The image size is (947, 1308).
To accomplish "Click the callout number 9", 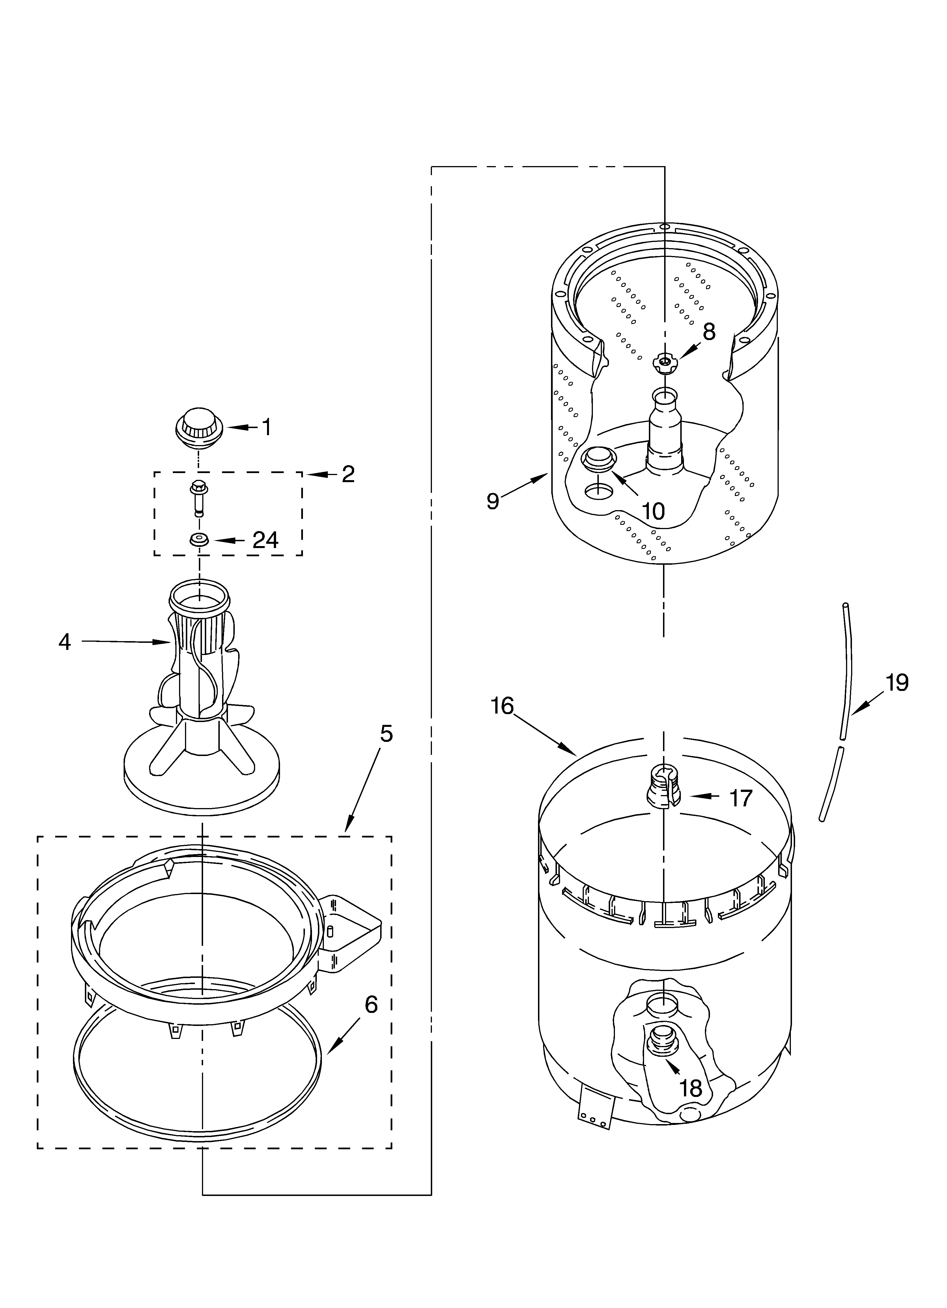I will (x=492, y=501).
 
